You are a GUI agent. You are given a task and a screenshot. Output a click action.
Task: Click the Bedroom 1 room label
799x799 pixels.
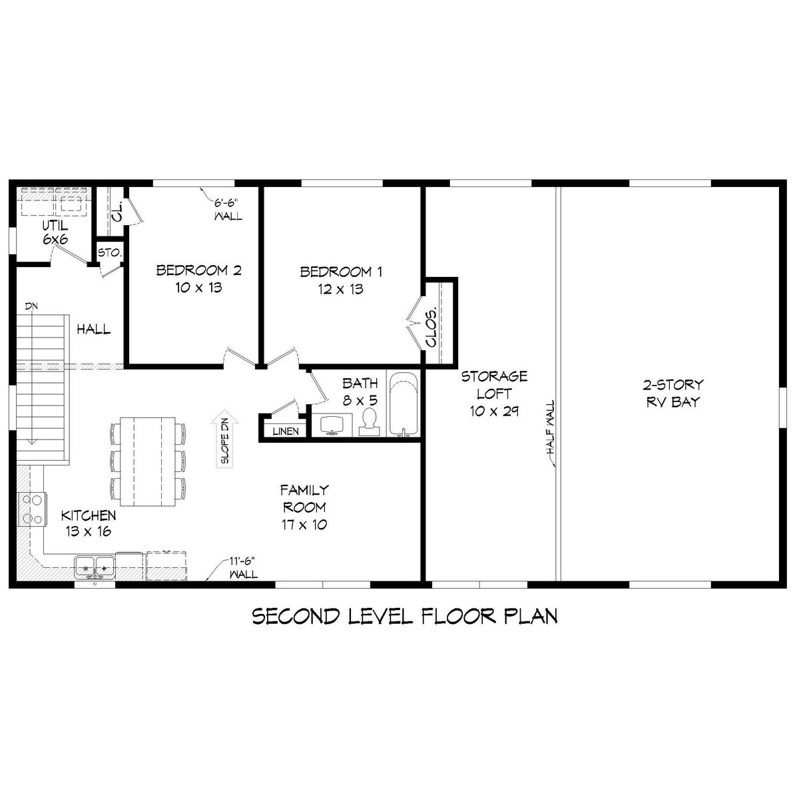click(341, 280)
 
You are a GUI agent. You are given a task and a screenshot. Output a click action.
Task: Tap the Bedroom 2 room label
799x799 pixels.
click(198, 279)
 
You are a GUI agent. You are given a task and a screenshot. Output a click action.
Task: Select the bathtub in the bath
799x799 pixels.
click(403, 404)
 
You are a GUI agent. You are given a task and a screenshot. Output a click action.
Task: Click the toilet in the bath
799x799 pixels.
click(369, 421)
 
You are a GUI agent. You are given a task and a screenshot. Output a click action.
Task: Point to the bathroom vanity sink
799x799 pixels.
click(332, 425)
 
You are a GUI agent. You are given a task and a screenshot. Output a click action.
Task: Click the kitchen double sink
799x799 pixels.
click(95, 567)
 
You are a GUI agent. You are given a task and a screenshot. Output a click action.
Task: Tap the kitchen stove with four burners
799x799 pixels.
click(32, 509)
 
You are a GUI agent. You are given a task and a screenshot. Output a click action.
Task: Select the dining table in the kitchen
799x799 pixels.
click(147, 462)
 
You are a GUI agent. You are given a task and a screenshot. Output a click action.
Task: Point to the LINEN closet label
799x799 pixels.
click(286, 431)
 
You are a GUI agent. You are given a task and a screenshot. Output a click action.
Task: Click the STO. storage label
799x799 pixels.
click(109, 252)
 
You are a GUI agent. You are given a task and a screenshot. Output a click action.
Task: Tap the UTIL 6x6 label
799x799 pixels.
click(55, 232)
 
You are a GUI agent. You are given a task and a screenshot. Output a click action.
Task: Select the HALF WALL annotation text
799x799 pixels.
click(551, 427)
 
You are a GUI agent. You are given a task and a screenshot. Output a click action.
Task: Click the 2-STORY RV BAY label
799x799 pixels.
click(673, 393)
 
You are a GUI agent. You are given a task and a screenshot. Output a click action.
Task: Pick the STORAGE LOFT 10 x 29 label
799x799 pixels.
click(494, 394)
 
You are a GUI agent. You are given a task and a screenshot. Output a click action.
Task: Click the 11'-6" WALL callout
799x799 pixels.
click(244, 568)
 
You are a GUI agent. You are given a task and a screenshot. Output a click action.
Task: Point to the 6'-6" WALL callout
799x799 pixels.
click(228, 210)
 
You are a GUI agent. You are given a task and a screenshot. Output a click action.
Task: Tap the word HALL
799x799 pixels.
click(94, 330)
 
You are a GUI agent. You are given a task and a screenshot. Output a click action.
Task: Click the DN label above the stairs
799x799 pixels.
click(31, 306)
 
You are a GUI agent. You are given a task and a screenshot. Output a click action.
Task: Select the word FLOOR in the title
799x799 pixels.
click(459, 617)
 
